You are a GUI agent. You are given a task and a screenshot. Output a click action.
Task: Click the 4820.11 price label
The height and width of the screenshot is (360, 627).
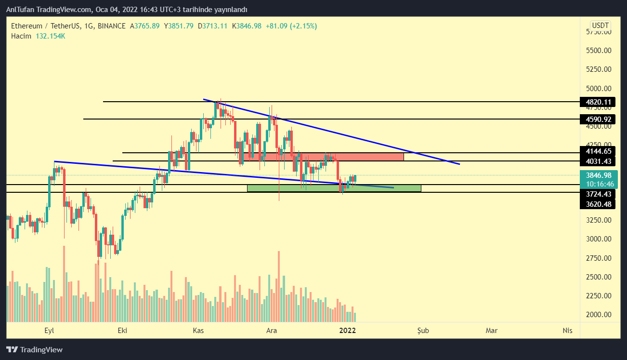pos(598,102)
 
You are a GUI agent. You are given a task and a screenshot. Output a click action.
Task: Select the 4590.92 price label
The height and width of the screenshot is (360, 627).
pos(598,119)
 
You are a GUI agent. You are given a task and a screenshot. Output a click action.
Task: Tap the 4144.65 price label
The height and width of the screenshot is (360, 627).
pos(598,151)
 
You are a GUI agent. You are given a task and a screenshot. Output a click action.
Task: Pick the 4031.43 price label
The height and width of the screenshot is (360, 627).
pos(598,161)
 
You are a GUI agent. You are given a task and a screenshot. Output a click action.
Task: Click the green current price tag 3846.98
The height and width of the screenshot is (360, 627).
pos(598,175)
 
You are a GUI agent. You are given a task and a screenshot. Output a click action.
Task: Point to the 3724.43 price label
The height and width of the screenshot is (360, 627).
pos(598,194)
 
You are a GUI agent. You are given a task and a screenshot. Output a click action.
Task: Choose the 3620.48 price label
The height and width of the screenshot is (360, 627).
pos(598,204)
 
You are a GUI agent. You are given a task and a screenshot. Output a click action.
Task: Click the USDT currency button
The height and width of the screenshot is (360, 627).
pos(601,25)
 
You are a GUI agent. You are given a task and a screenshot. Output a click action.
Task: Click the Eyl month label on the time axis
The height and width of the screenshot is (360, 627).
pos(49,331)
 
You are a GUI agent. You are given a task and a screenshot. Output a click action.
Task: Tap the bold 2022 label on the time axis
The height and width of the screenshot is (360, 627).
pos(347,331)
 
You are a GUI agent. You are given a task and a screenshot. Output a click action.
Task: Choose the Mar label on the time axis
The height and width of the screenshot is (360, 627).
pos(492,331)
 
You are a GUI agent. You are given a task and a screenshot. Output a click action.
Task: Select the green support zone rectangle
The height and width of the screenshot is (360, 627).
pos(334,188)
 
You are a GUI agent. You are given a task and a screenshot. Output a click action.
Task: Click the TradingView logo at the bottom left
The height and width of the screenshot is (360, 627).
pos(34,350)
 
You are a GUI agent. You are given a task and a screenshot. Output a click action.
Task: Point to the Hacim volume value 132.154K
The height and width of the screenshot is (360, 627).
pos(50,36)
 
